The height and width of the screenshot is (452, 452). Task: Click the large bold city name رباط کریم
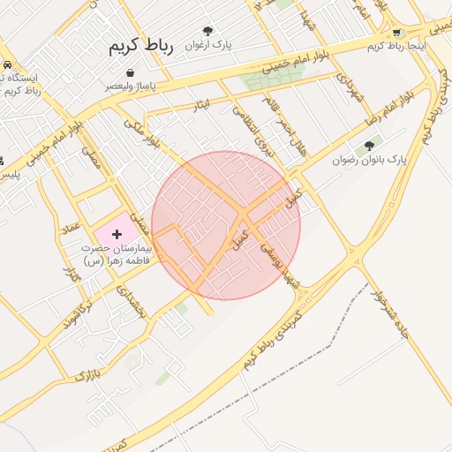point(142,46)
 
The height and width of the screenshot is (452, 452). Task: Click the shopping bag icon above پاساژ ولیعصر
point(131,72)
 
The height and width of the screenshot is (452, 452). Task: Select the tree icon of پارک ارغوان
point(208,31)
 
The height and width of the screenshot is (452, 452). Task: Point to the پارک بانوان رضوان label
point(369,161)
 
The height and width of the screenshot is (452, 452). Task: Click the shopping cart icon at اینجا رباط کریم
point(400,33)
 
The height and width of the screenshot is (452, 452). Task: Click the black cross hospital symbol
point(117,234)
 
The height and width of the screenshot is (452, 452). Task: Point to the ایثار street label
point(201,104)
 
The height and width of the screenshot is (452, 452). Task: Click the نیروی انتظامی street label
point(249,127)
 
